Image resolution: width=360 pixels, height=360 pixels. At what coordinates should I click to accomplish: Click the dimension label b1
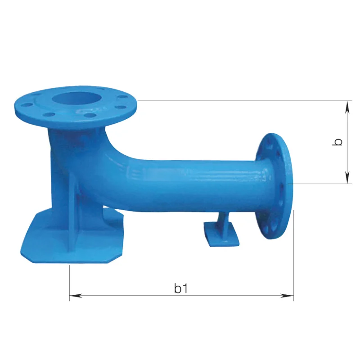pyautogui.click(x=181, y=288)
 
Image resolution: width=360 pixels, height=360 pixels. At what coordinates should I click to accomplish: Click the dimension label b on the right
pyautogui.click(x=337, y=142)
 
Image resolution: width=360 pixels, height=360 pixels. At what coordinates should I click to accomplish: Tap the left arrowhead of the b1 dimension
pyautogui.click(x=76, y=296)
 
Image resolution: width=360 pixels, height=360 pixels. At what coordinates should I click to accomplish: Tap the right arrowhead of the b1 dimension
pyautogui.click(x=287, y=296)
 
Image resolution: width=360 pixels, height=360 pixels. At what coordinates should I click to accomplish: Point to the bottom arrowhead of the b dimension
pyautogui.click(x=347, y=177)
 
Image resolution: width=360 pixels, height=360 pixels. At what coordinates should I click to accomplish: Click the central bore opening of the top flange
pyautogui.click(x=77, y=99)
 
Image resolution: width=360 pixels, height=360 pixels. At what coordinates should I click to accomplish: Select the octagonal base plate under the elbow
pyautogui.click(x=72, y=239)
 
